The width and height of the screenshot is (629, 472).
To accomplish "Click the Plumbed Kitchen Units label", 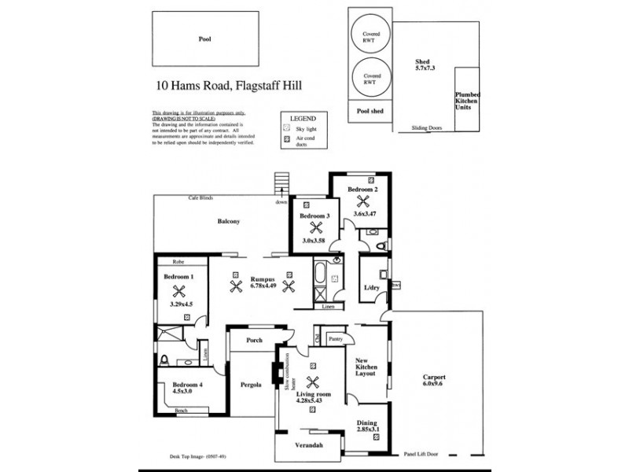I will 468,100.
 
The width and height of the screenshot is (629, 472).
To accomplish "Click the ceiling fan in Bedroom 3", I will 314,228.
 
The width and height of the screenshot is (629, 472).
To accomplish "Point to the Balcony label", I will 228,222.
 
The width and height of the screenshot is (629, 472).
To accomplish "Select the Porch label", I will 253,341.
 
